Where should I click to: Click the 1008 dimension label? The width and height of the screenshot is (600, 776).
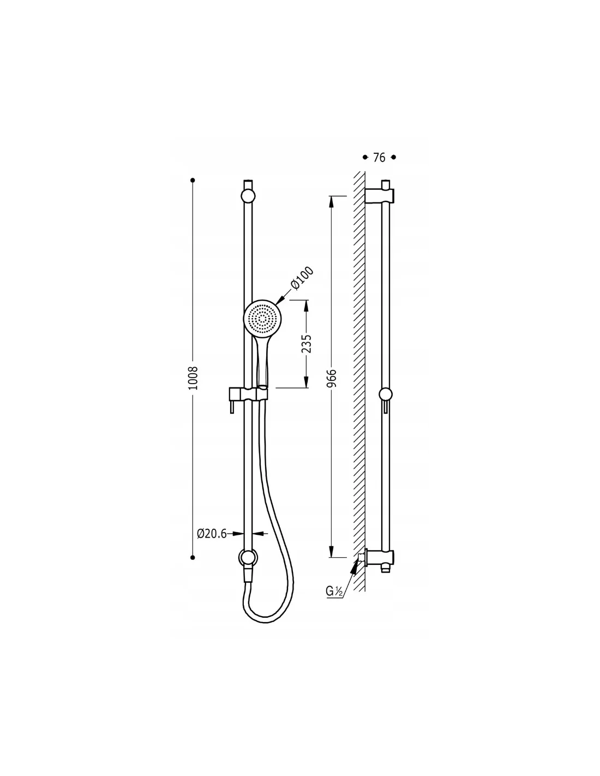193,378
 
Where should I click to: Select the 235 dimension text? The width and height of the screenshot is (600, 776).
306,344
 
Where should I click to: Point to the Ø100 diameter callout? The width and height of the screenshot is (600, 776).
302,278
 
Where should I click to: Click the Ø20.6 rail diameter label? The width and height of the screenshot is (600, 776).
212,534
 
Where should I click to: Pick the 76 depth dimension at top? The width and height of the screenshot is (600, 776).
379,158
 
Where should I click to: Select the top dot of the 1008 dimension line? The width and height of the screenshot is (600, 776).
193,180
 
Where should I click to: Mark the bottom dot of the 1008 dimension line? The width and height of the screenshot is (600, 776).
193,558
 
